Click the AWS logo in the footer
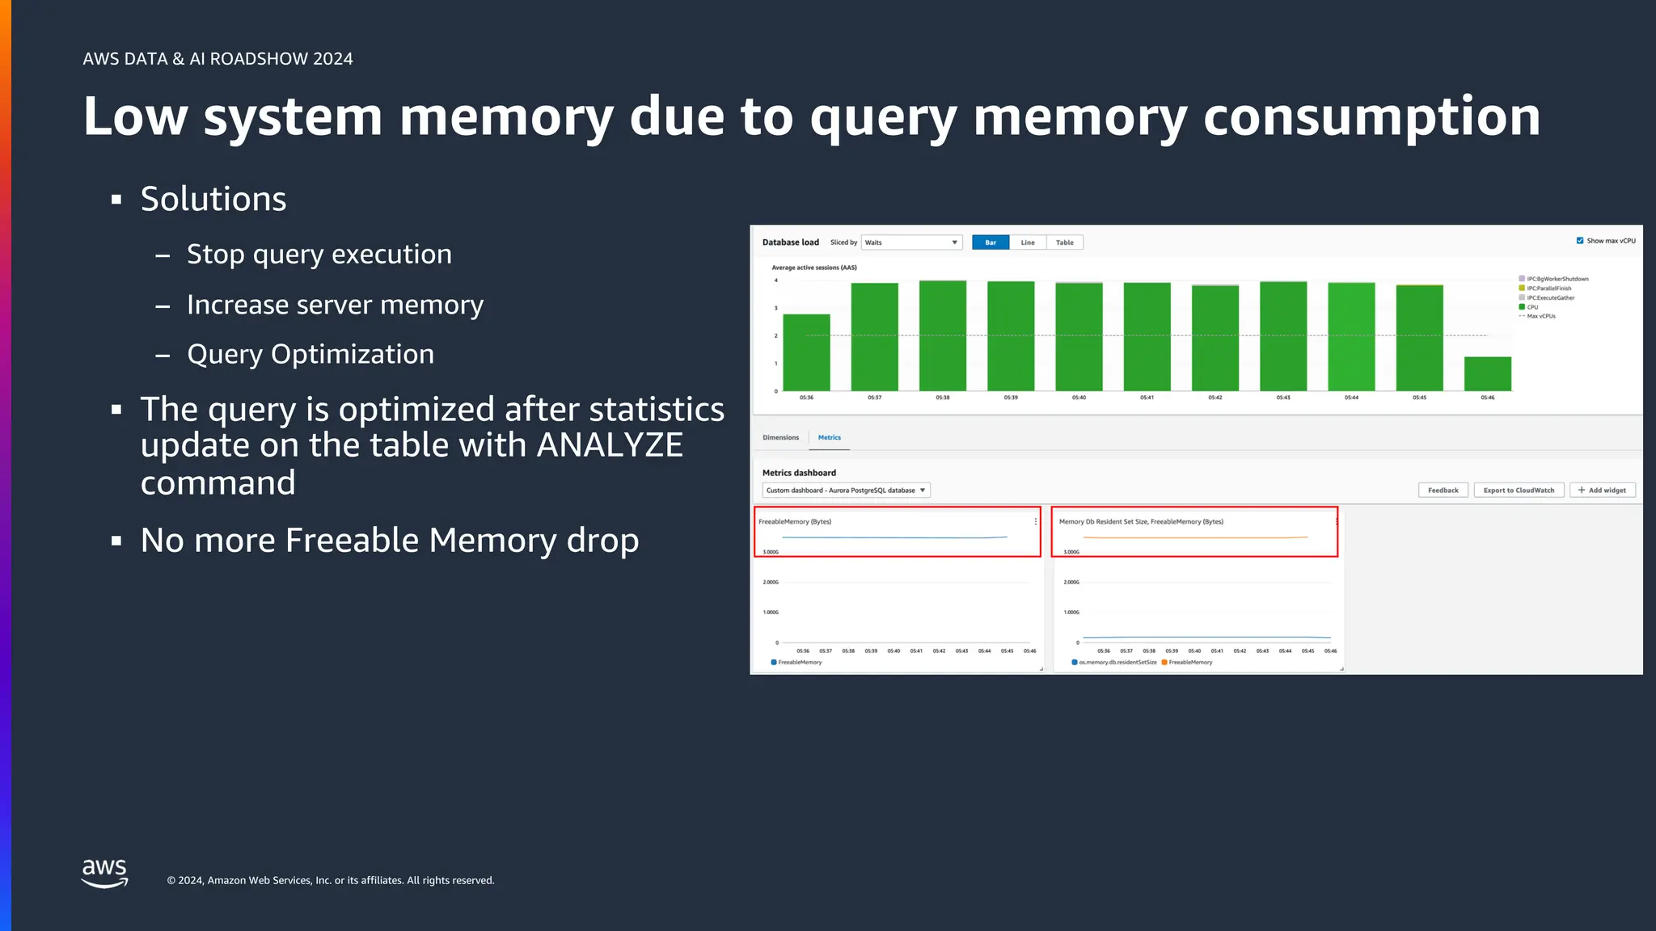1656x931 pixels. point(105,874)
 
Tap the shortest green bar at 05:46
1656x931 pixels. point(1487,374)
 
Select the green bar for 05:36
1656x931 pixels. point(806,352)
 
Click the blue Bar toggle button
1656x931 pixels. point(991,242)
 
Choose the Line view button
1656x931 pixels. point(1028,242)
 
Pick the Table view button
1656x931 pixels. point(1064,242)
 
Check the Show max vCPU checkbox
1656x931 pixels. point(1580,241)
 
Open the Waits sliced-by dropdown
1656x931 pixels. point(911,242)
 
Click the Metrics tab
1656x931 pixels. point(829,437)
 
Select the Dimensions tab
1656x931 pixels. point(780,437)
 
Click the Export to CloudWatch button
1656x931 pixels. point(1519,491)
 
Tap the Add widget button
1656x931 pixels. point(1602,491)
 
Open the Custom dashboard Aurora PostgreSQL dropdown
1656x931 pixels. point(846,491)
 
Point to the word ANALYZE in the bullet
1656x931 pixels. point(610,445)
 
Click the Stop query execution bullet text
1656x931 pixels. point(319,255)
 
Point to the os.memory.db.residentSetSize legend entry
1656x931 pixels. point(1117,663)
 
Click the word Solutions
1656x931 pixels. point(213,200)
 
